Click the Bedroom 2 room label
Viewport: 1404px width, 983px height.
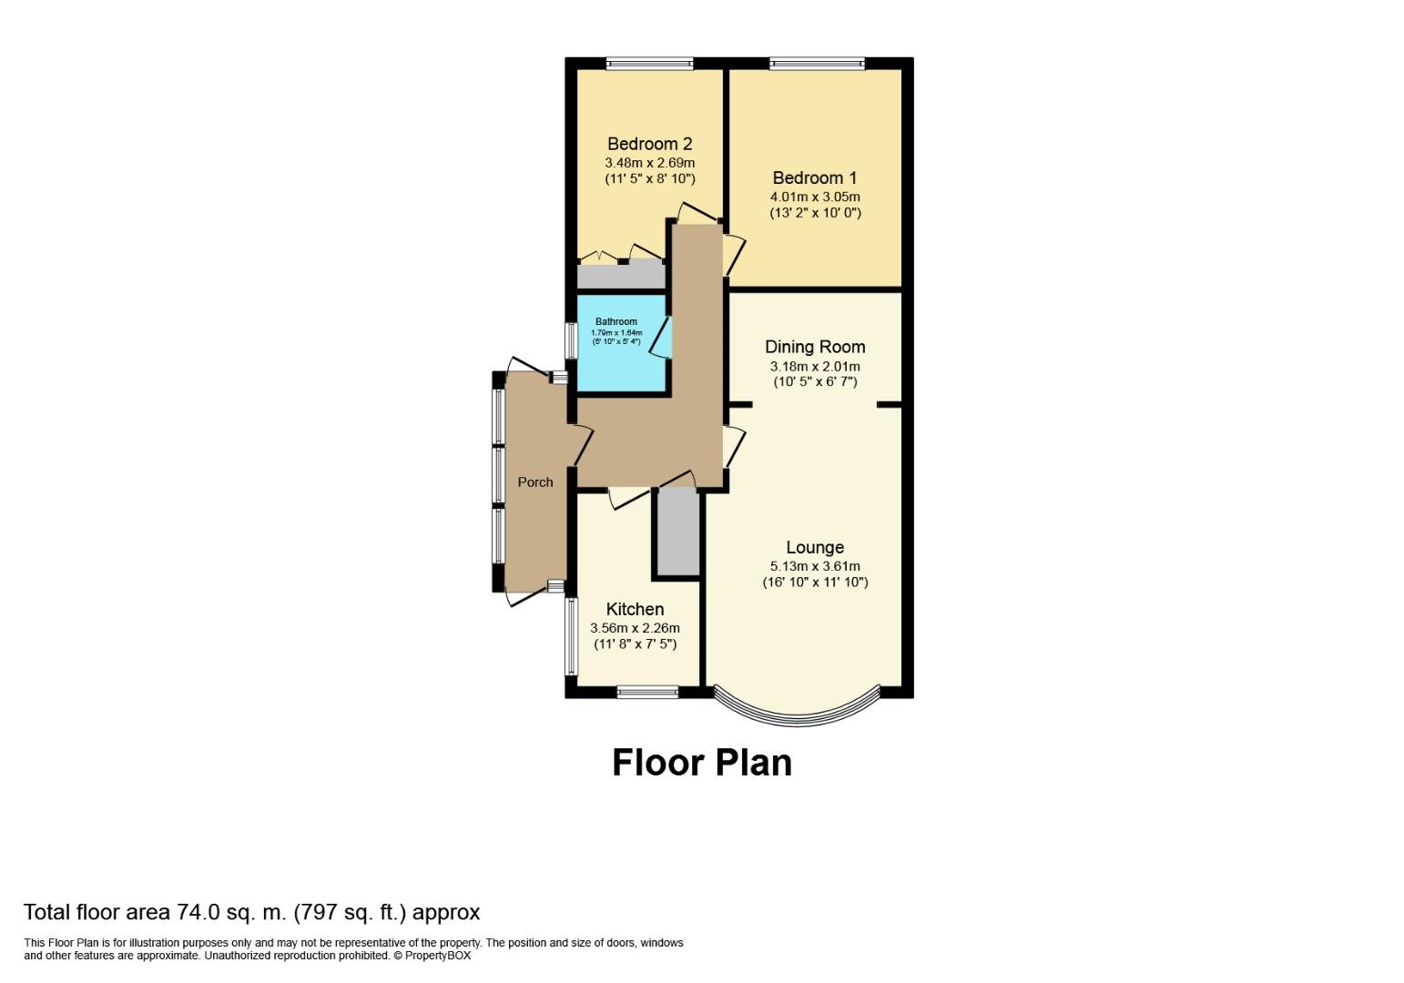tap(649, 144)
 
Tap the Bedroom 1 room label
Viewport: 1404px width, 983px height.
tap(815, 177)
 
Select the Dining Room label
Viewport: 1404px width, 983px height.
tap(815, 347)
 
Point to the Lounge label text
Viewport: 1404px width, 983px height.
tap(815, 548)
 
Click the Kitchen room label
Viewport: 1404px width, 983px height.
tap(635, 609)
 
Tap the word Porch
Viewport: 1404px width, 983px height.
tap(535, 482)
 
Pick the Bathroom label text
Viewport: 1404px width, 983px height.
tap(616, 321)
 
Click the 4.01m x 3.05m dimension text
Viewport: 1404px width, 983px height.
tap(815, 197)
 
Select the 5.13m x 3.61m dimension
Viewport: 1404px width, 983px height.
tap(815, 566)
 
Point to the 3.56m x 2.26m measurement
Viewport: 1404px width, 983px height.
tap(635, 628)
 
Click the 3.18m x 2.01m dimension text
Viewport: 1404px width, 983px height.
tap(815, 366)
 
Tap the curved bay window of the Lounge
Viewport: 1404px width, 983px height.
tap(798, 719)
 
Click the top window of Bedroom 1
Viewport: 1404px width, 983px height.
tap(817, 63)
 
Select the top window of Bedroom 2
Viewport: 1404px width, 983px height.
tap(649, 63)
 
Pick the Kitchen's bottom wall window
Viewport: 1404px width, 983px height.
tap(647, 693)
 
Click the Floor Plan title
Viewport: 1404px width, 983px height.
tap(702, 763)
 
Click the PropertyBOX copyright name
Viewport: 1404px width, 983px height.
tap(437, 956)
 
